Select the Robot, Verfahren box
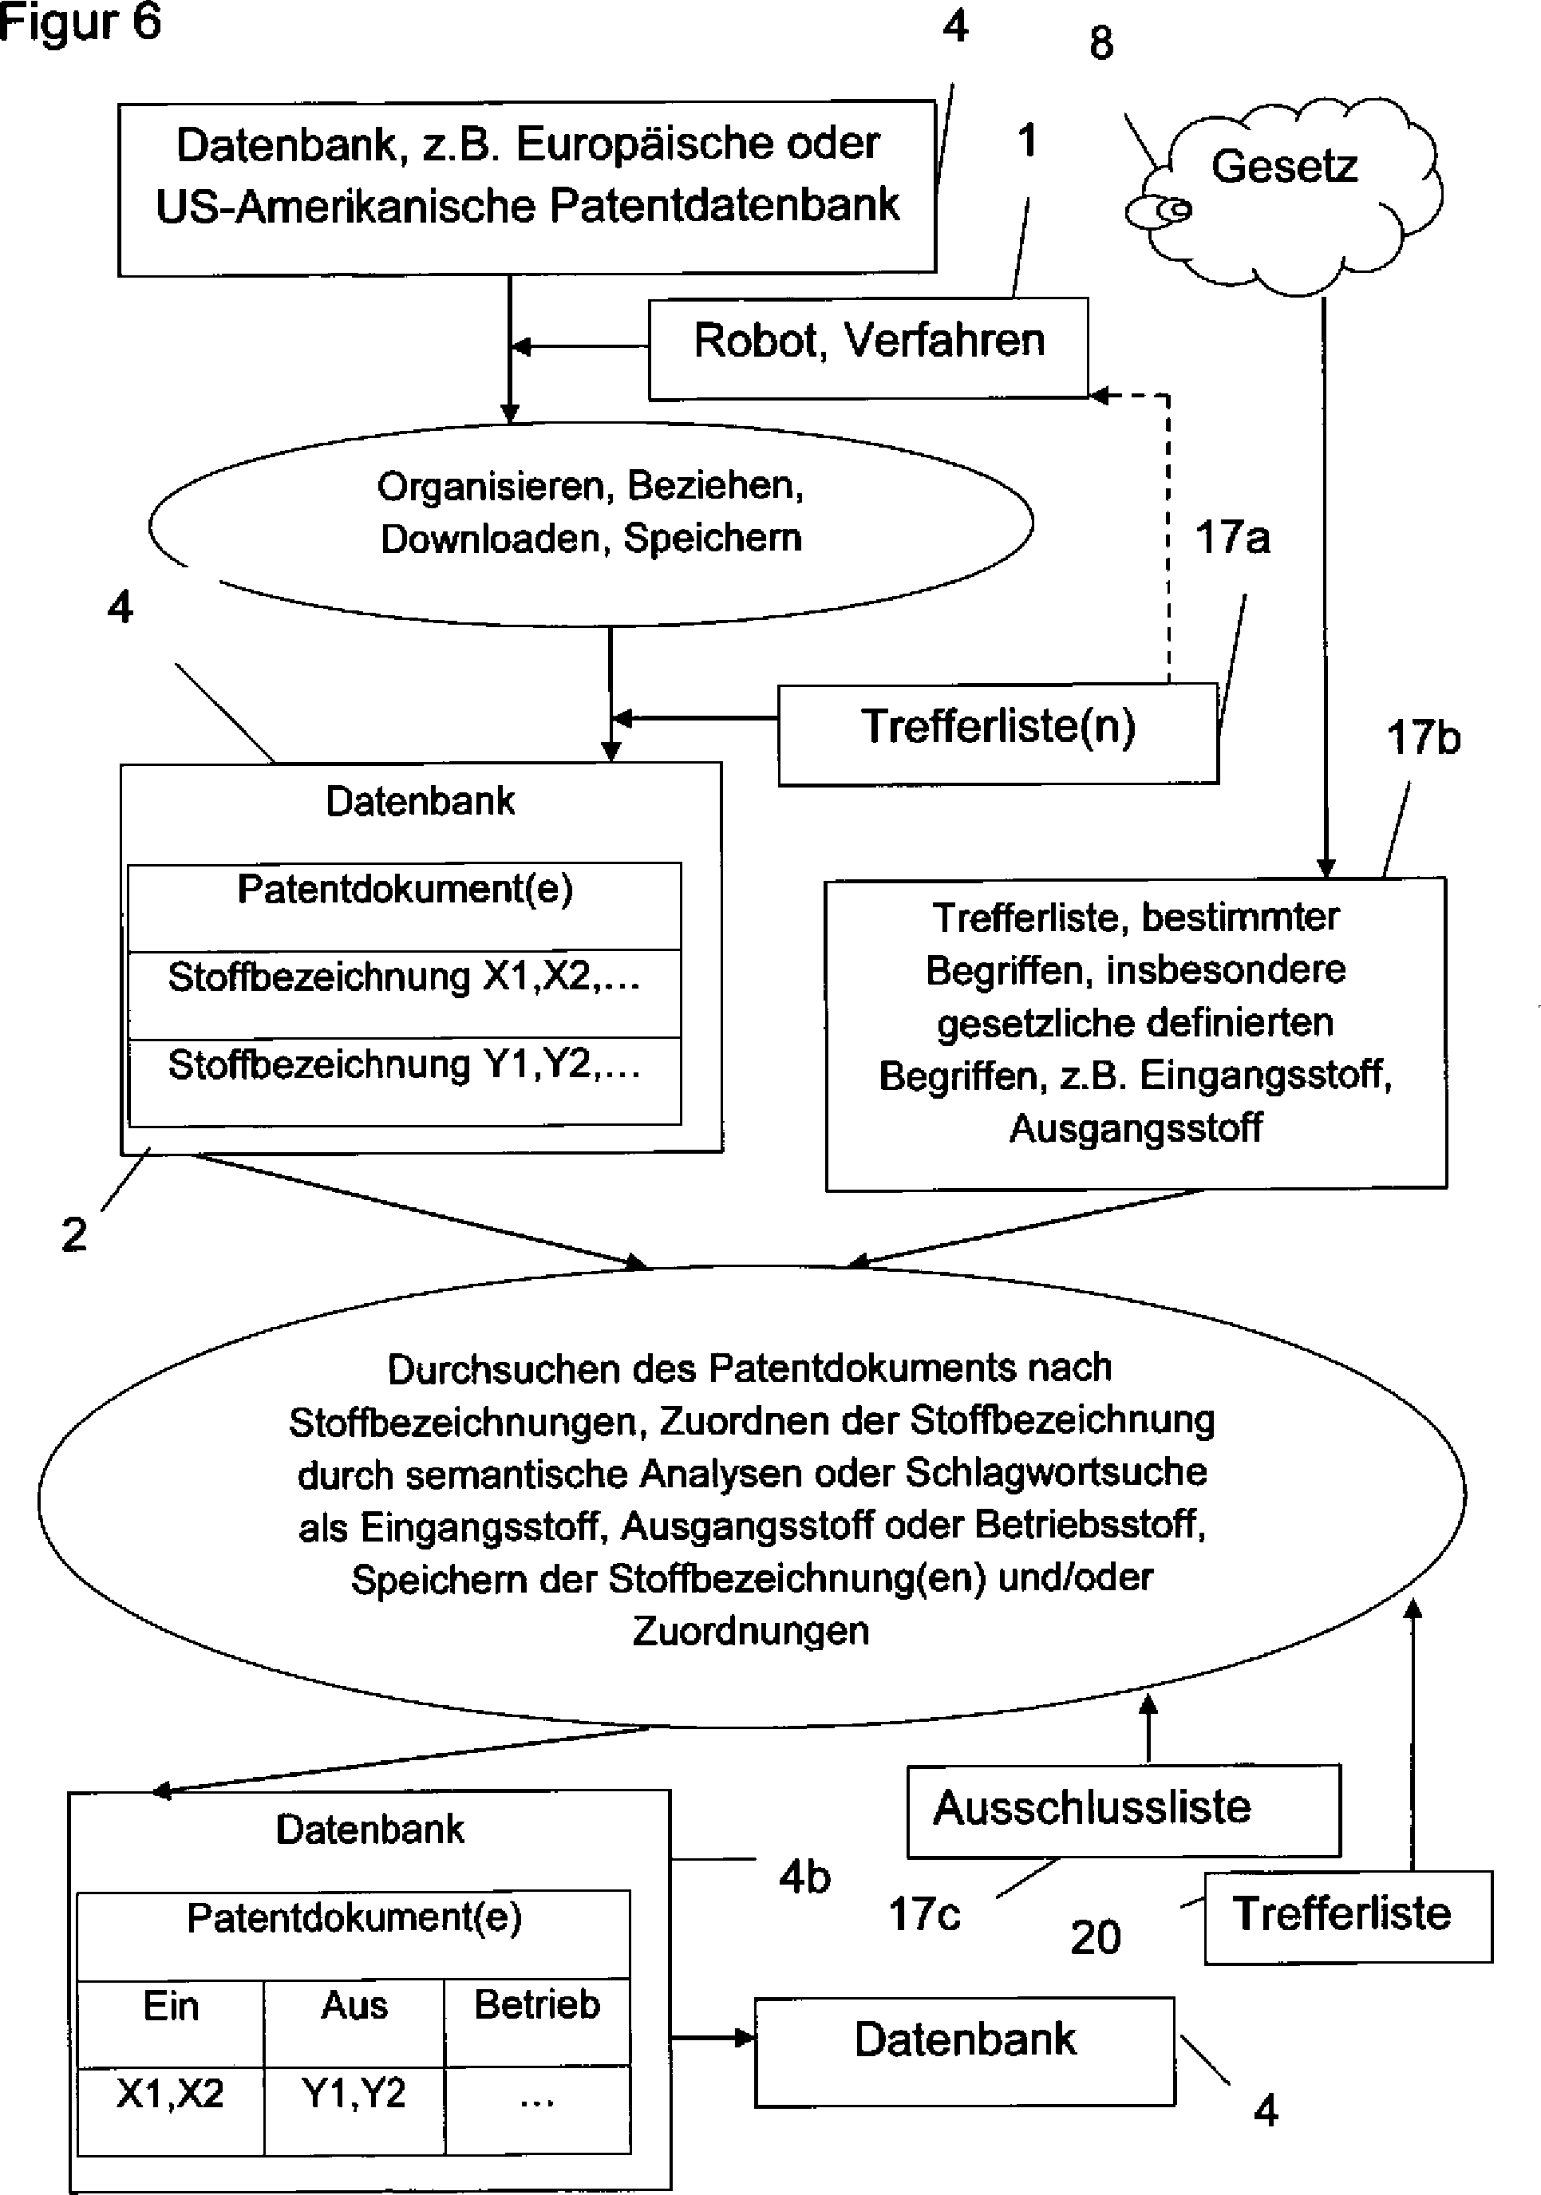point(868,348)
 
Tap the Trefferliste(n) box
point(998,734)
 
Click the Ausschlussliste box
point(1124,1810)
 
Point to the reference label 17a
point(1232,537)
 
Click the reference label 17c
point(924,1914)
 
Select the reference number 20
point(1096,1938)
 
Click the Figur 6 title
point(81,23)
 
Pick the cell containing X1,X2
point(170,2110)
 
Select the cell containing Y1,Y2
point(354,2110)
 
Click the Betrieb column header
point(537,2022)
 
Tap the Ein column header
point(170,2022)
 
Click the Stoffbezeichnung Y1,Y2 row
point(405,1081)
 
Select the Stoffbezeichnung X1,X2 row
point(405,993)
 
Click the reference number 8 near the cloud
point(1101,43)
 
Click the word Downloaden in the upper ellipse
point(489,539)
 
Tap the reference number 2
point(73,1234)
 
